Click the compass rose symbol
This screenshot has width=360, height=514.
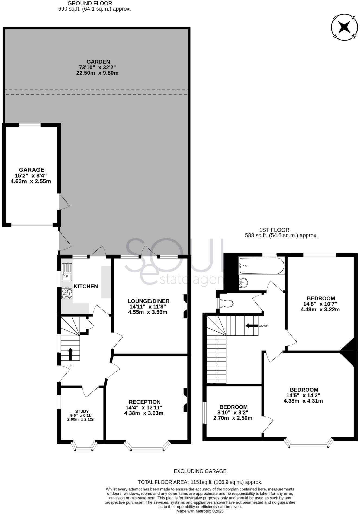click(x=344, y=27)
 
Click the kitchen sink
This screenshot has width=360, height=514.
click(x=67, y=272)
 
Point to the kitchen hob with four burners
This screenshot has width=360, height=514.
click(x=67, y=293)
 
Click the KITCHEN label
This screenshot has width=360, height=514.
click(x=86, y=286)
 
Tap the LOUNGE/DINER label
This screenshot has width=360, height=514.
click(x=149, y=301)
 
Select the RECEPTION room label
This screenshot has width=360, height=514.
click(x=144, y=402)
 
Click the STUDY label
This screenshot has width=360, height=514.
click(x=82, y=411)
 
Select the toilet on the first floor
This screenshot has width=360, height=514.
click(x=226, y=303)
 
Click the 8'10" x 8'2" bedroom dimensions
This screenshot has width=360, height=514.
click(x=233, y=412)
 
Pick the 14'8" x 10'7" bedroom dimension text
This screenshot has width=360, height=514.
click(x=320, y=304)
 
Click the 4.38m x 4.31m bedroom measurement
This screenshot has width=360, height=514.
click(x=303, y=401)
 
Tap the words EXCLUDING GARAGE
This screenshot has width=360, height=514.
click(x=200, y=471)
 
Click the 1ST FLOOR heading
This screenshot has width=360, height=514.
click(x=274, y=230)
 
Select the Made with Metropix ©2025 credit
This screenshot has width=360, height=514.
click(x=200, y=511)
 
